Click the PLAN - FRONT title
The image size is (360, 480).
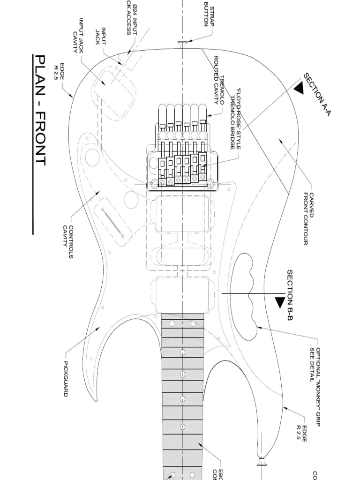click(x=41, y=110)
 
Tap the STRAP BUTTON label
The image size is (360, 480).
click(x=208, y=14)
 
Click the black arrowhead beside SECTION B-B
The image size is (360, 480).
click(x=279, y=303)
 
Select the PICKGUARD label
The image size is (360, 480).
click(x=66, y=379)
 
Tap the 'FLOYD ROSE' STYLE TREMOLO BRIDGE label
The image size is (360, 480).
click(x=235, y=120)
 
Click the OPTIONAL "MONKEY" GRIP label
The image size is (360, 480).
click(x=315, y=365)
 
